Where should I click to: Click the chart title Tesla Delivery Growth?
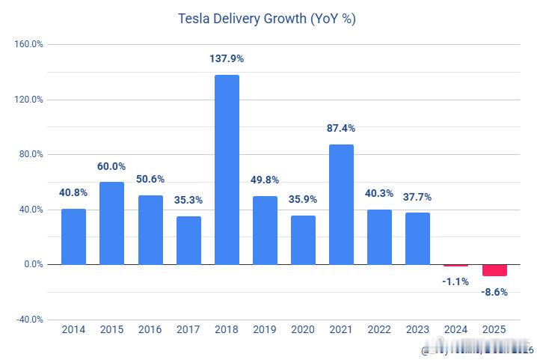[267, 19]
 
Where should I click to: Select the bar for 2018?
[227, 169]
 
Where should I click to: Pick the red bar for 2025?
[494, 270]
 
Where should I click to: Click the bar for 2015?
[112, 223]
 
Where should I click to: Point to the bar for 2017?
[188, 240]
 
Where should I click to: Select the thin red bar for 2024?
[456, 265]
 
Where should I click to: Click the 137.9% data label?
[227, 58]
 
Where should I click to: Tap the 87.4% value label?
[341, 128]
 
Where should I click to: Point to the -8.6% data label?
[494, 292]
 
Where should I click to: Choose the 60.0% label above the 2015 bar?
[112, 166]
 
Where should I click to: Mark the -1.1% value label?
[456, 281]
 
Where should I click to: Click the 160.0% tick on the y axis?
[29, 44]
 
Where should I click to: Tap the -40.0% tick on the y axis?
[29, 320]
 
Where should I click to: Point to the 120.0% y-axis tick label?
[29, 100]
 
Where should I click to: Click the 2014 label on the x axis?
[73, 330]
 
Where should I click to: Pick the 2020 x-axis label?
[303, 330]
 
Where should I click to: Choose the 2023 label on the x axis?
[418, 330]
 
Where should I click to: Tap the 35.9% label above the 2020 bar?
[303, 199]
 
